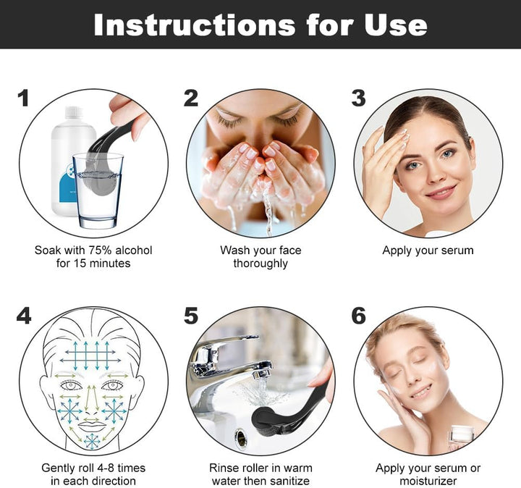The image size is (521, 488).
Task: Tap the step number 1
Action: (24, 98)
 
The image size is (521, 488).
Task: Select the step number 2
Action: (191, 98)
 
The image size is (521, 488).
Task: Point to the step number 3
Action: (358, 98)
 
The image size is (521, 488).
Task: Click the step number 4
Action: (24, 316)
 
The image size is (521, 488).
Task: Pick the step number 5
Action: (191, 316)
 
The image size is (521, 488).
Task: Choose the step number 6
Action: (358, 316)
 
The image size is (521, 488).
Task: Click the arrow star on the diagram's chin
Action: (92, 440)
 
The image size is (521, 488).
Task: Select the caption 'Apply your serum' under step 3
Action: (428, 251)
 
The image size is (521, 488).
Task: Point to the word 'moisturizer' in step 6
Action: (428, 481)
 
